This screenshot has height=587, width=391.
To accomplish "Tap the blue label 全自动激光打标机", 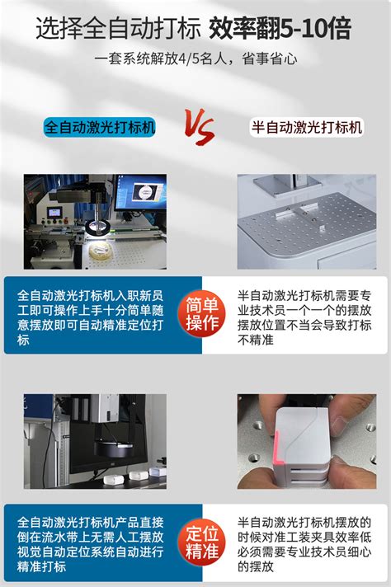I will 100,128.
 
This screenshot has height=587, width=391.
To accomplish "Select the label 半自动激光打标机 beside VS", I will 306,128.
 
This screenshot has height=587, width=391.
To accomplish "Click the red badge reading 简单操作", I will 202,314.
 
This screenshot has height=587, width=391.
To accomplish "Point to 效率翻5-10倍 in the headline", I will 280,30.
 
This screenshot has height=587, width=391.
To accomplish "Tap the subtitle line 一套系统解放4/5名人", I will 195,59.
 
